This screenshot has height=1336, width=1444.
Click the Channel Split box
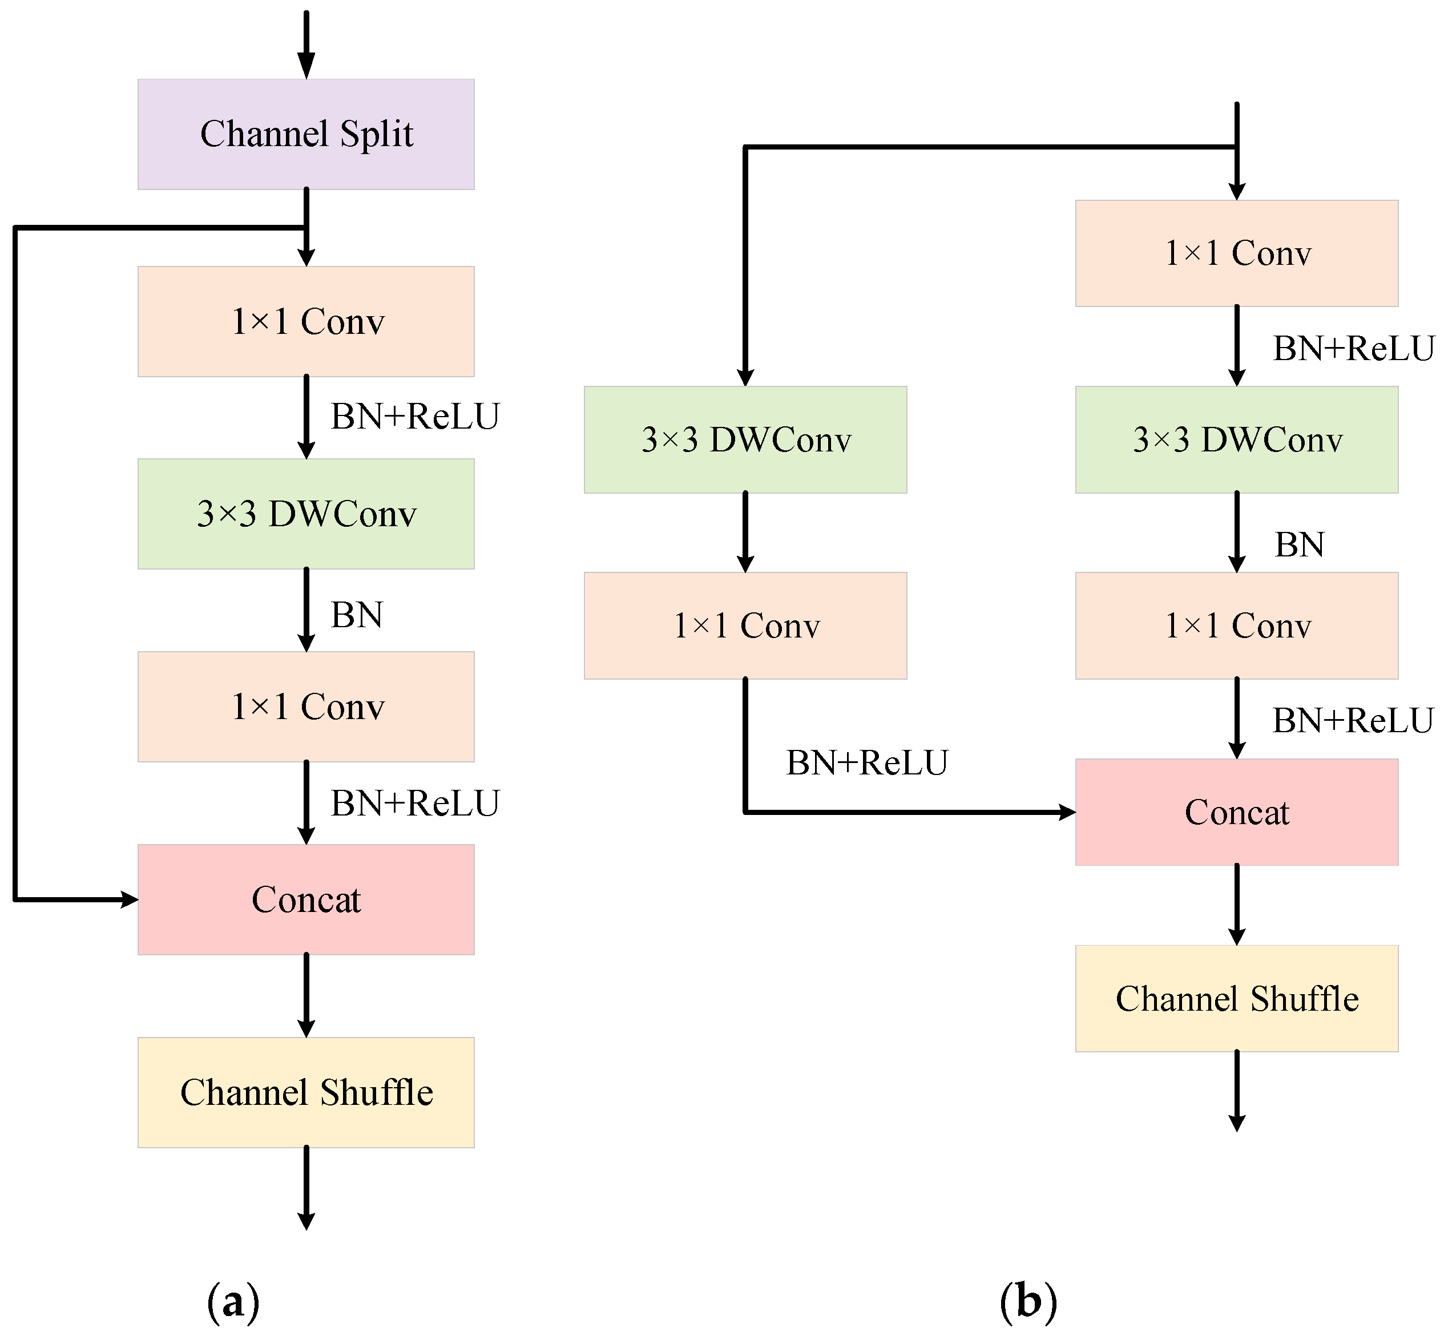[x=306, y=135]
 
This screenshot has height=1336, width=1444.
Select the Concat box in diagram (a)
[x=306, y=899]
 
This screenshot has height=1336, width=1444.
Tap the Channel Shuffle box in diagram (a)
[x=306, y=1092]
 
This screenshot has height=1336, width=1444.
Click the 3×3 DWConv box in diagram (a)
[x=306, y=514]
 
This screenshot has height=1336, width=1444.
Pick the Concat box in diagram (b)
[x=1236, y=812]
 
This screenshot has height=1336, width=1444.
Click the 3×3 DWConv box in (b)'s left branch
[x=745, y=439]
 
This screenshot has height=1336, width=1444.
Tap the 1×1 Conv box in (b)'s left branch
[x=745, y=625]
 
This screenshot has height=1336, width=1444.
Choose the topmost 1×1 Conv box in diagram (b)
[x=1236, y=253]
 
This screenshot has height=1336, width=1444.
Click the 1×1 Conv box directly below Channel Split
[x=306, y=322]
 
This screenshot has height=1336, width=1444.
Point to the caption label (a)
[x=233, y=1302]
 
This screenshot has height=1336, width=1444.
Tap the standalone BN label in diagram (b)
[x=1300, y=544]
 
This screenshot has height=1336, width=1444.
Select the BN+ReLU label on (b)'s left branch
[x=867, y=762]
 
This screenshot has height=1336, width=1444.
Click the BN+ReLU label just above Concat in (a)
[x=415, y=803]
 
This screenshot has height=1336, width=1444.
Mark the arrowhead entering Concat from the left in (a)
[x=130, y=899]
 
